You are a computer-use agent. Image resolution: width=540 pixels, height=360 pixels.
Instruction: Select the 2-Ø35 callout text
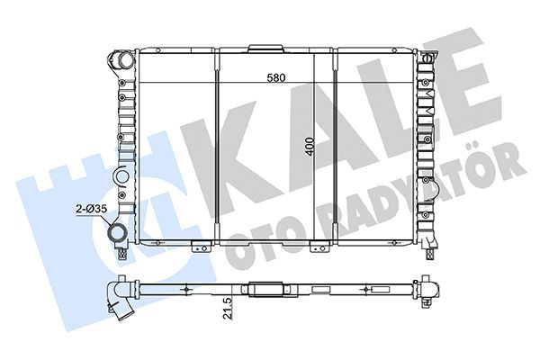click(91, 209)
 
